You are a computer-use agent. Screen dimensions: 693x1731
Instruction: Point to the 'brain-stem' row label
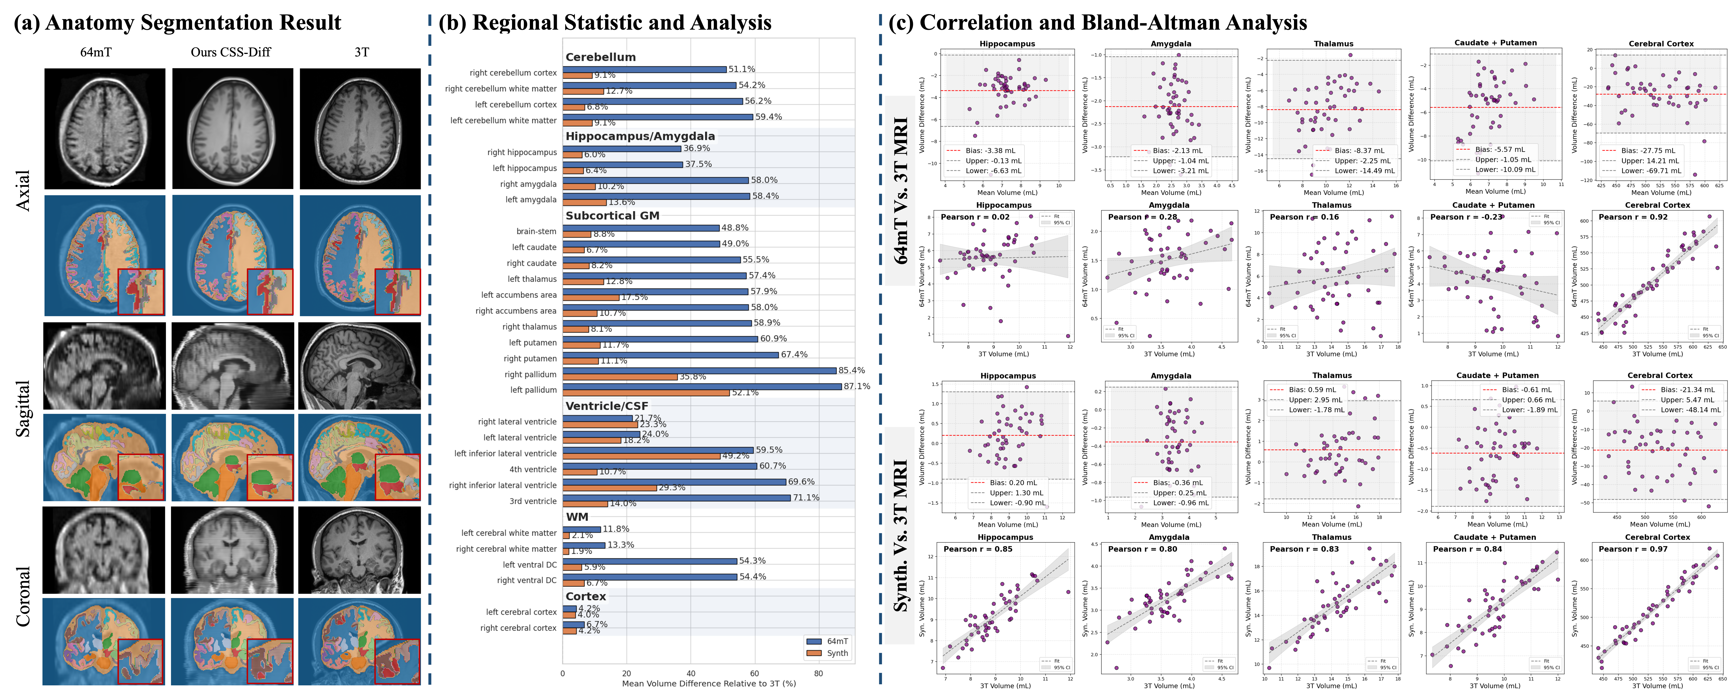click(536, 231)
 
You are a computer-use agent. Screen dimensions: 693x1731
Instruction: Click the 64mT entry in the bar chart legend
click(837, 641)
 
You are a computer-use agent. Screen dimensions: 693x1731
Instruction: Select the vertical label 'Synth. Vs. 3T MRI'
click(901, 536)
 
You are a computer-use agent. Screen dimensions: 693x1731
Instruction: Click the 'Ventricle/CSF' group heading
click(607, 406)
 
